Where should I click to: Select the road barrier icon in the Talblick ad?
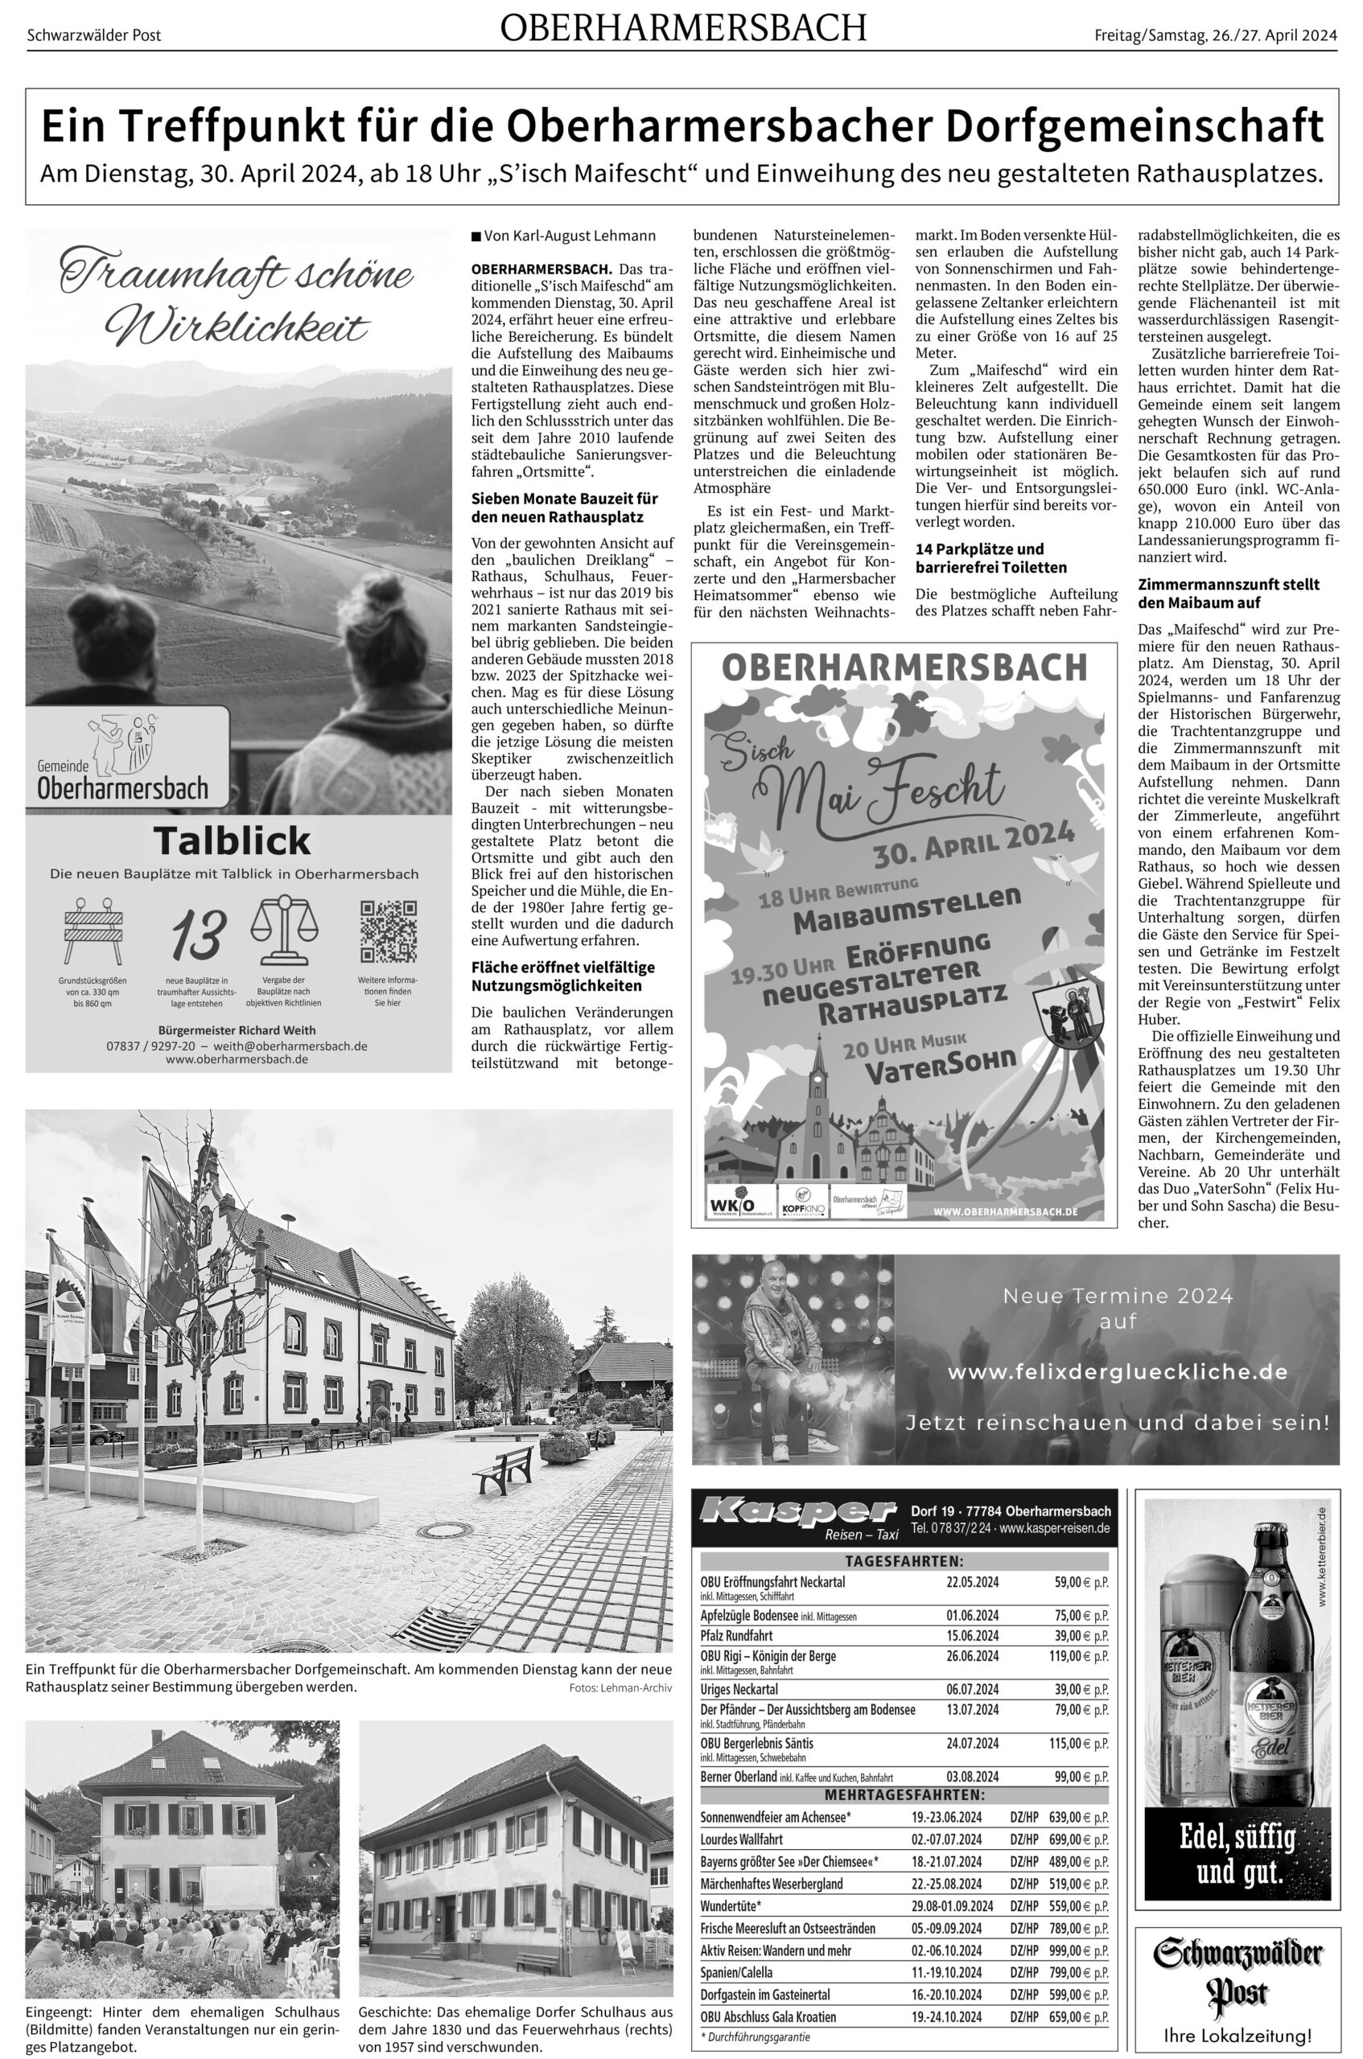point(94,933)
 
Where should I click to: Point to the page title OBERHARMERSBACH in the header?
point(683,30)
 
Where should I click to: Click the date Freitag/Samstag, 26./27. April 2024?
point(1216,35)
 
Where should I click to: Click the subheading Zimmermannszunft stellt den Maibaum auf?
point(1229,594)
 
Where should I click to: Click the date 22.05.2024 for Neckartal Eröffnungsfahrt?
point(972,1582)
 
